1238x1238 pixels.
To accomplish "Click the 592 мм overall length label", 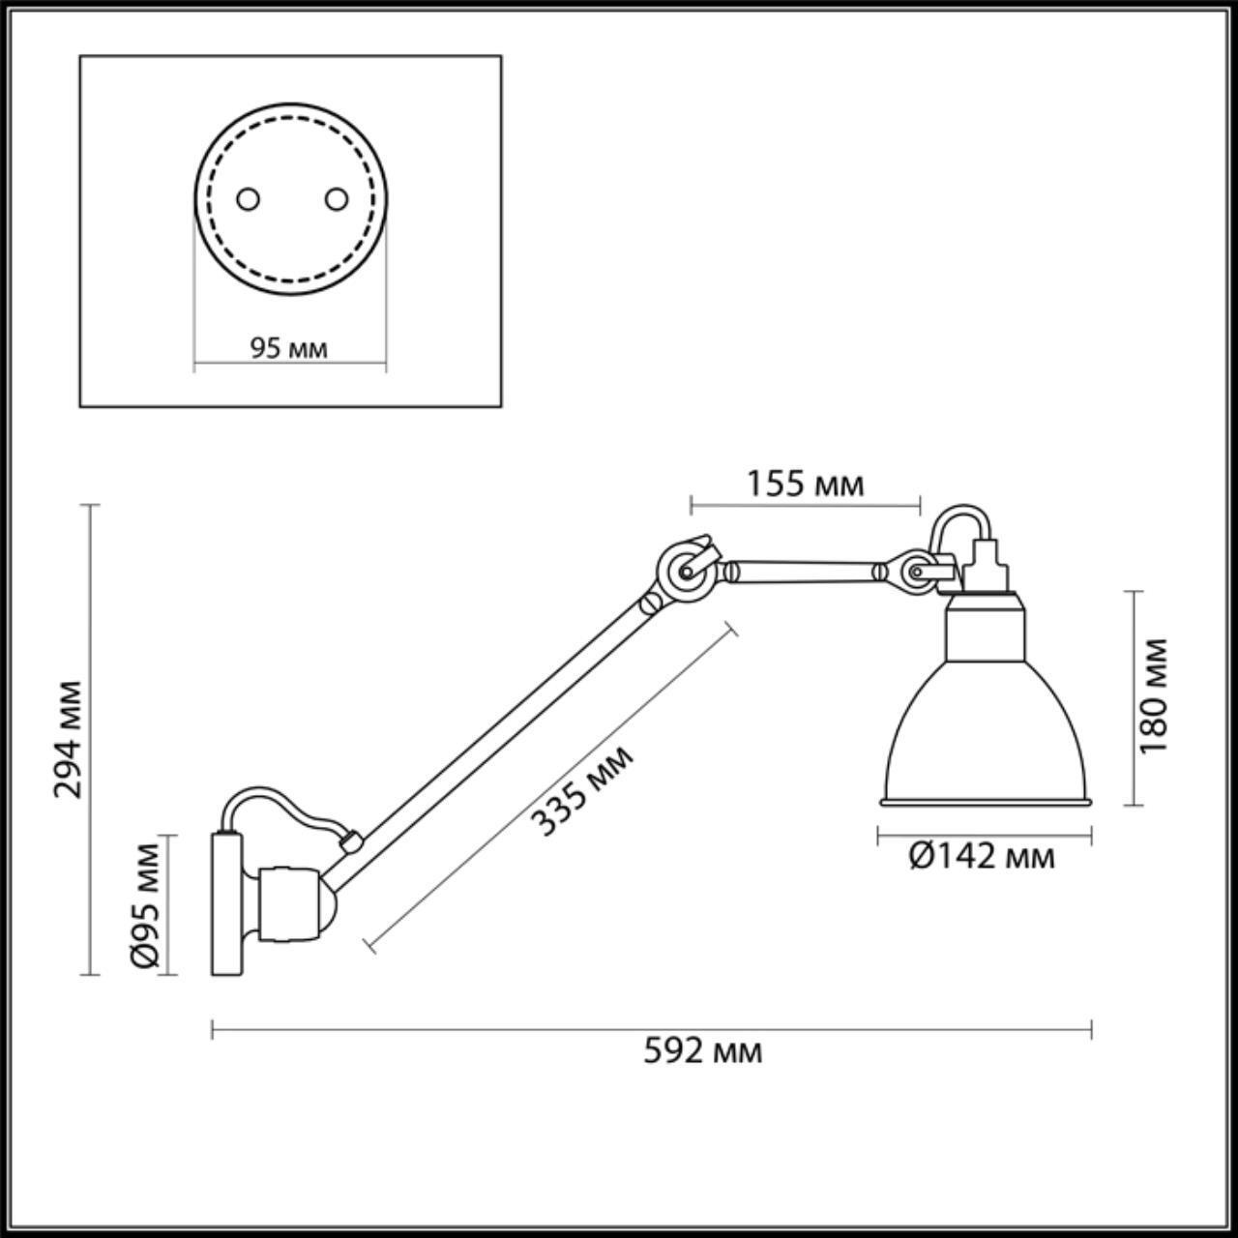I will (x=703, y=1051).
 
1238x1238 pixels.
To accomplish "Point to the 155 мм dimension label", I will (x=805, y=484).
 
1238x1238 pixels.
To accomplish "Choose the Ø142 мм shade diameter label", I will (x=982, y=856).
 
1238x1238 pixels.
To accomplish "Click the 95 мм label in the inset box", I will (x=289, y=348).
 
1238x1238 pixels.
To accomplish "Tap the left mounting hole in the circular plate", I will (x=249, y=198).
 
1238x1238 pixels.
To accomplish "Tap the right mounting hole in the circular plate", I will (x=336, y=198).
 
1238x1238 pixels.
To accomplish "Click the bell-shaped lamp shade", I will (x=985, y=735).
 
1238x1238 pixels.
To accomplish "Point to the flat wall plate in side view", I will (x=227, y=904).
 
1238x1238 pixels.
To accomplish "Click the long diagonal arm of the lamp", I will (x=503, y=730).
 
